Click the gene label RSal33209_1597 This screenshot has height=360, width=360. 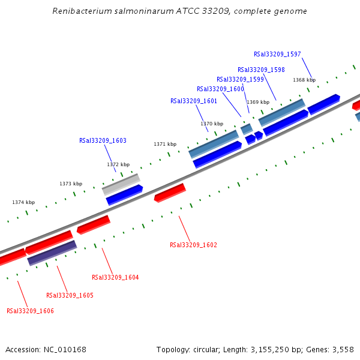tap(277, 54)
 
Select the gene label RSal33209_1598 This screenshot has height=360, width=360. tap(261, 70)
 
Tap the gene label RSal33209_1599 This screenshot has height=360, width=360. tap(240, 79)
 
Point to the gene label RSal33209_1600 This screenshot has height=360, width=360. tap(220, 89)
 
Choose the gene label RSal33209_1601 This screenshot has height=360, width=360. tap(193, 101)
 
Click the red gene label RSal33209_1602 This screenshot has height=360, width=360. tap(193, 245)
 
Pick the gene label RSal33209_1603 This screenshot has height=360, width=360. tap(103, 140)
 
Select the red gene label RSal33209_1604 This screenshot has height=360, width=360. tap(115, 277)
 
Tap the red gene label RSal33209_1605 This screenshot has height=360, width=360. tap(70, 295)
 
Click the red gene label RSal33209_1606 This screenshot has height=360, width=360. tap(30, 311)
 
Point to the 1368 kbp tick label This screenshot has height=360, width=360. tap(304, 80)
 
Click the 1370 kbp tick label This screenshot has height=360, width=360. tap(212, 124)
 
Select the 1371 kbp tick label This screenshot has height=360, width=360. tap(165, 144)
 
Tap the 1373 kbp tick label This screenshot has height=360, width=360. tap(71, 184)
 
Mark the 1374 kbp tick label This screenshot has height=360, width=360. tap(23, 202)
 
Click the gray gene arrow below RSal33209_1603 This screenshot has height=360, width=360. tap(121, 184)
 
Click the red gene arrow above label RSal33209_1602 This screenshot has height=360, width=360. tap(170, 193)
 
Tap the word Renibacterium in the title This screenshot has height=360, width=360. tap(79, 11)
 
